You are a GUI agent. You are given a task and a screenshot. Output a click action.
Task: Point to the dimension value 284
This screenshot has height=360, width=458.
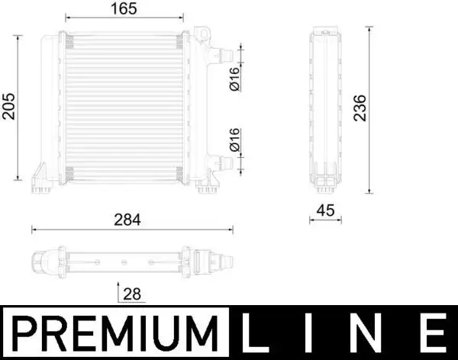point(128,219)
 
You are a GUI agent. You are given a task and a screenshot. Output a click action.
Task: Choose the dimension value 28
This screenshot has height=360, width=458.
point(132,294)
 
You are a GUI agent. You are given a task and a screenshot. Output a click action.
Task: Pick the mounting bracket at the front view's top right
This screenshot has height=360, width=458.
point(203,34)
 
